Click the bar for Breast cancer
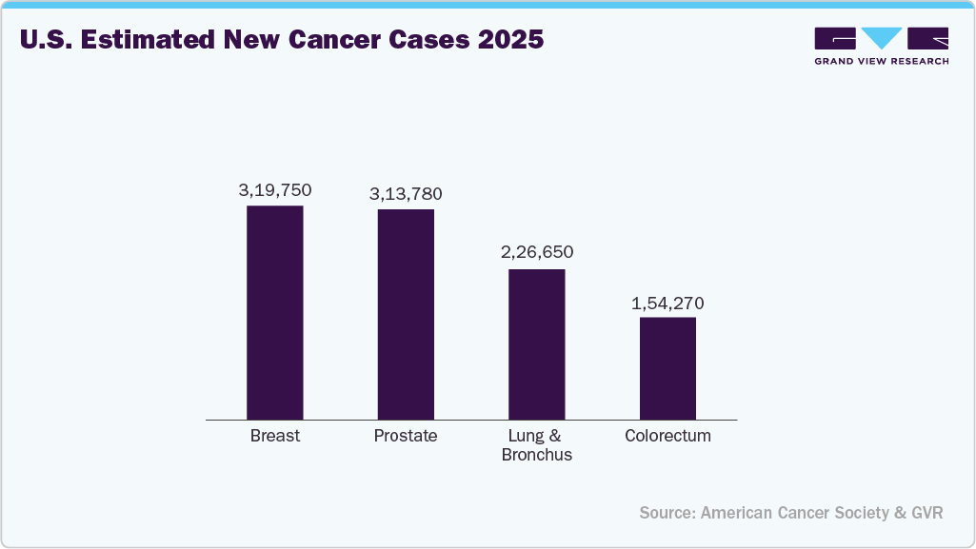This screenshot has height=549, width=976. [x=275, y=312]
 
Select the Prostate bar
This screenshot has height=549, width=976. [x=406, y=314]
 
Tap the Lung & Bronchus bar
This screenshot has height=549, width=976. [x=536, y=343]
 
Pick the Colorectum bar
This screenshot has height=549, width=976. [x=667, y=367]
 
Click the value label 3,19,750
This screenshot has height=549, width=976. [x=275, y=190]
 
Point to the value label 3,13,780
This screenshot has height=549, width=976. [x=406, y=194]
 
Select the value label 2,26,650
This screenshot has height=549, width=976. [x=536, y=253]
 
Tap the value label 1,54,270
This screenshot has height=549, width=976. [x=667, y=304]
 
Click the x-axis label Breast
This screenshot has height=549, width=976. [x=275, y=436]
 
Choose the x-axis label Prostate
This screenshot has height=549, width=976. [x=406, y=436]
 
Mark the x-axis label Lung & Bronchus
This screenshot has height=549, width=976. [x=537, y=445]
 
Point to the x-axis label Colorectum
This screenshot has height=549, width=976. [x=667, y=436]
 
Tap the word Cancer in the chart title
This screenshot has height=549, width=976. [x=330, y=42]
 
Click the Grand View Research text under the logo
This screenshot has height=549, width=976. [x=881, y=61]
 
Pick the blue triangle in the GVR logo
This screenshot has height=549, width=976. [x=881, y=38]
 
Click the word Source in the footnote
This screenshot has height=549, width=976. [x=667, y=513]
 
